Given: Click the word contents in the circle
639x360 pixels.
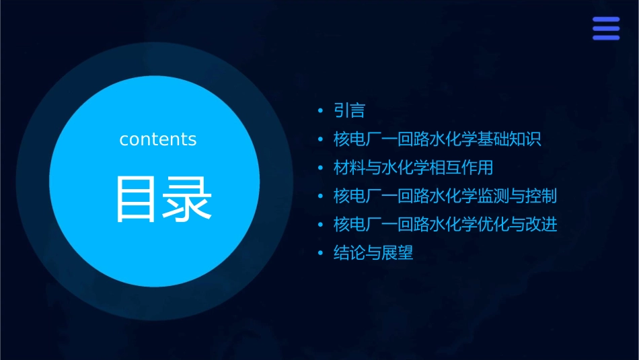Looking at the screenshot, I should click(158, 139).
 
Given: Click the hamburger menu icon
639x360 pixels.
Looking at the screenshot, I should click(606, 28).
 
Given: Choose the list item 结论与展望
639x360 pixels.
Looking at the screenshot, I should click(373, 254).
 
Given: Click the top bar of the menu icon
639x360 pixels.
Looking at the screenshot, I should click(606, 20).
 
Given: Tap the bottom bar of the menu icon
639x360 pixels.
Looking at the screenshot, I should click(606, 37).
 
